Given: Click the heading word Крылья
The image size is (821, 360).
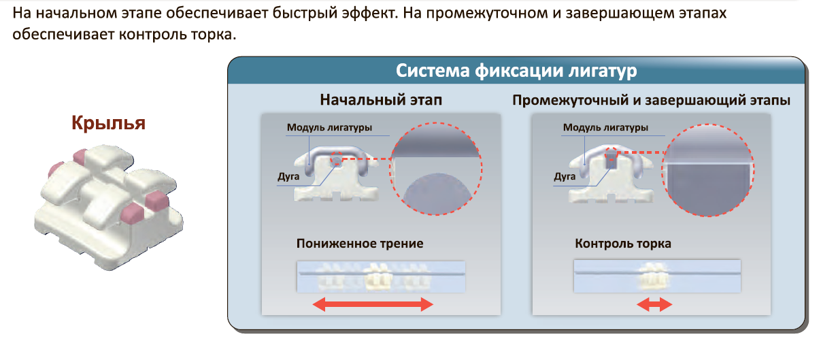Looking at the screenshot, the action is pos(108,122).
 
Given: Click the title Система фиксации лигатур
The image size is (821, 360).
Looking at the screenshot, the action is pos(516,71).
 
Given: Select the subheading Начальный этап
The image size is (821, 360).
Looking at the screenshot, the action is pos(381,100).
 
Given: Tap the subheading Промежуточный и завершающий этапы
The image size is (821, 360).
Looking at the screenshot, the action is pos(651,100).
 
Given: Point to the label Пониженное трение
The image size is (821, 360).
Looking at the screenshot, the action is pos(360,244).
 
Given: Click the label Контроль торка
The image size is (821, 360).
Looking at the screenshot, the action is pos(622,244).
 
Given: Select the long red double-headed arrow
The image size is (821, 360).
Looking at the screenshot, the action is pos(373,304).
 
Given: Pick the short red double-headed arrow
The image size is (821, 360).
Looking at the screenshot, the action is pos(654,305).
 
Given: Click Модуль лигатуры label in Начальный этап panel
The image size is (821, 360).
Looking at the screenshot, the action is pos(329,127).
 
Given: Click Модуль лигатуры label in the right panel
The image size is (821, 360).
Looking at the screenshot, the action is pos(605,127).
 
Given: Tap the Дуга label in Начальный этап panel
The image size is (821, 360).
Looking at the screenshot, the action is pos(288,176).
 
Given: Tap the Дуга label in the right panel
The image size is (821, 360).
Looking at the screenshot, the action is pos(565,176).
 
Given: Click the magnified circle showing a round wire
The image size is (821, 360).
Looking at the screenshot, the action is pos(437,169).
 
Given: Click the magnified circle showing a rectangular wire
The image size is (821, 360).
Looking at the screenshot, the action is pos(708,170).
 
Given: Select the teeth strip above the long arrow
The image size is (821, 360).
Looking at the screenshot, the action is pos(381,277).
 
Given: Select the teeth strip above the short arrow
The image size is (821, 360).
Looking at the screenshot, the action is pos(657,276).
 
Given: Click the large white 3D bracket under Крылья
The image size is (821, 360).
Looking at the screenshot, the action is pos(108,207).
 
